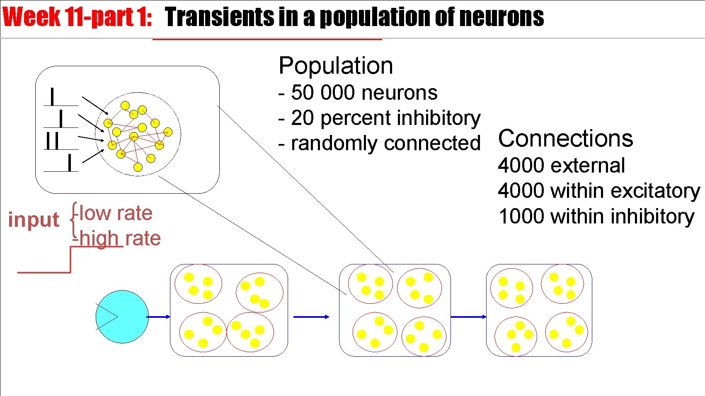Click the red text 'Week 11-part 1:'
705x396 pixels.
tap(77, 17)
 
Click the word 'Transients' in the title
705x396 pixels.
tap(219, 17)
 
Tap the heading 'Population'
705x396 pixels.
tap(336, 65)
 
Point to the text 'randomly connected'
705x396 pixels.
tap(385, 143)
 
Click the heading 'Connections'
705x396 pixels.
tap(565, 138)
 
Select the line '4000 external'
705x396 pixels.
tap(561, 166)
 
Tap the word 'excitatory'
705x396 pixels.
tap(655, 191)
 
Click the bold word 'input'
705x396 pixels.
tap(34, 219)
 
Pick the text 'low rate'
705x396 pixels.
tap(116, 213)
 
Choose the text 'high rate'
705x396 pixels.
tap(120, 238)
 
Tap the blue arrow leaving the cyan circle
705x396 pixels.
tap(158, 317)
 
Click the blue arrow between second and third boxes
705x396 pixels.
tap(468, 317)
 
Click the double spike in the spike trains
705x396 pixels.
tap(53, 141)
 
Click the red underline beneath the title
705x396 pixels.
tap(267, 39)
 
